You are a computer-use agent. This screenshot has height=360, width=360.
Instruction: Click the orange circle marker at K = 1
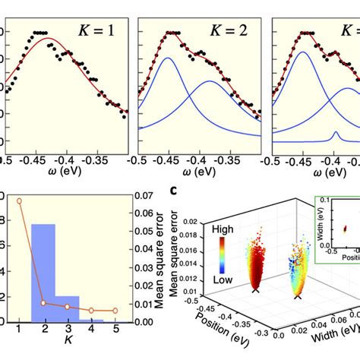click(x=20, y=201)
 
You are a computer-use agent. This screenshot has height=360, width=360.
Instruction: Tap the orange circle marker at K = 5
click(x=115, y=311)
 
